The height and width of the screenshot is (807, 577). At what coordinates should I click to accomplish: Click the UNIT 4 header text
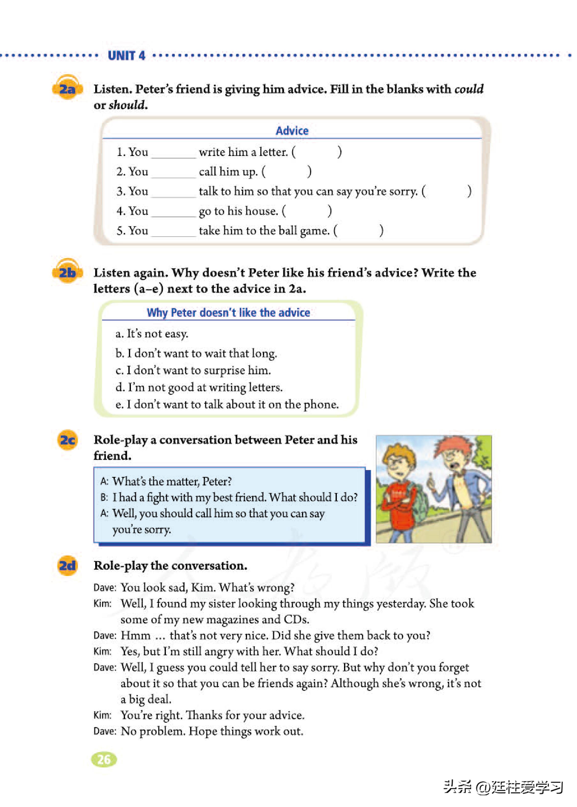(127, 55)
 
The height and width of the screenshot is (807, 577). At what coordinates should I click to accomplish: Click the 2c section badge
(67, 440)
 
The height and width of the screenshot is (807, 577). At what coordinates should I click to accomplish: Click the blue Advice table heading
(292, 130)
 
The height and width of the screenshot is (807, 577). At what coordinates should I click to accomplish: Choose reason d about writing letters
(199, 387)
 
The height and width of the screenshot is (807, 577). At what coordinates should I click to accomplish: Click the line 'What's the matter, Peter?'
(171, 481)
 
